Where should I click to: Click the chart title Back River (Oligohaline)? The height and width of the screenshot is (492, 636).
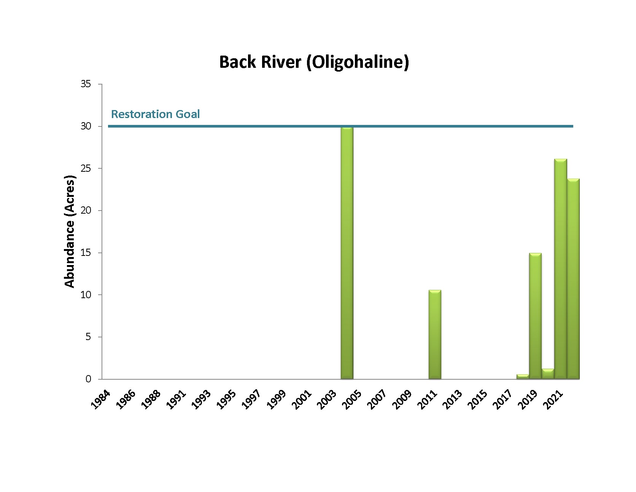click(x=314, y=62)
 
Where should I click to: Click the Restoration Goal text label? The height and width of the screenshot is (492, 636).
click(x=155, y=114)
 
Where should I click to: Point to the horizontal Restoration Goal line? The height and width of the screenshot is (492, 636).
click(x=266, y=126)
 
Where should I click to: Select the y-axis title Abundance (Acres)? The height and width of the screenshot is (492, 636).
click(x=70, y=232)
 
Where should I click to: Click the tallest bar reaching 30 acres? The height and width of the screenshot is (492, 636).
click(x=347, y=253)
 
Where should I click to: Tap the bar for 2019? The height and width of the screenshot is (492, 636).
click(x=535, y=316)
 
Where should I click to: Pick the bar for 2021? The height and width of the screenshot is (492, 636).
click(x=560, y=269)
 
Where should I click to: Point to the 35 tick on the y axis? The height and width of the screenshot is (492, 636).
click(x=86, y=84)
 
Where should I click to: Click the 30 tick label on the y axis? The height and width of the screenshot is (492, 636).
click(x=86, y=126)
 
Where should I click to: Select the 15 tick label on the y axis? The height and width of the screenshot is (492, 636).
click(x=86, y=253)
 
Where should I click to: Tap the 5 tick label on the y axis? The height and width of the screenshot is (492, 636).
click(x=88, y=337)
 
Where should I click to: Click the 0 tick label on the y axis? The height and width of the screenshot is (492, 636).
click(x=88, y=379)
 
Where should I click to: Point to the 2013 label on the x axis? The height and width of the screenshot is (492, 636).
click(x=453, y=399)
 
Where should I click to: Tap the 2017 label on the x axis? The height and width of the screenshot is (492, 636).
click(x=504, y=399)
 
